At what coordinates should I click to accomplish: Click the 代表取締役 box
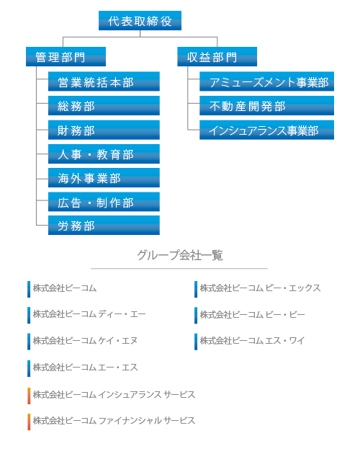coord(140,21)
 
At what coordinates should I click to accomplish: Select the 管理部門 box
coord(66,56)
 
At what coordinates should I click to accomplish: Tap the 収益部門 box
coord(217,56)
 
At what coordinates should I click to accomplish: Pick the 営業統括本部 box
coord(104,81)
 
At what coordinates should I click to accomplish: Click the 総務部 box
coord(104,106)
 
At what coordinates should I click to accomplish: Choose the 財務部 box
coord(104,130)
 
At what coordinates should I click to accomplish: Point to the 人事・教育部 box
coord(104,153)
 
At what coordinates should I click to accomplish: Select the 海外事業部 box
coord(104,178)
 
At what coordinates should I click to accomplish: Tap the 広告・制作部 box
coord(104,202)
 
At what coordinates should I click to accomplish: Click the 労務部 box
coord(104,226)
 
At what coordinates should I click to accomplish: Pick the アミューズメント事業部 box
coord(267,81)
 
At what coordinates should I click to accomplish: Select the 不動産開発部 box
coord(267,106)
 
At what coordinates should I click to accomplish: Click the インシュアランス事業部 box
coord(267,130)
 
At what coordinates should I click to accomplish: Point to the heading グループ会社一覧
coord(180,255)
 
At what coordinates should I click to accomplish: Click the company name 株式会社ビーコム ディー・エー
coord(89,314)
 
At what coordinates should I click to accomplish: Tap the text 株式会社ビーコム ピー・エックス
coord(260,288)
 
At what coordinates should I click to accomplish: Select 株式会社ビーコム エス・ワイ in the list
coord(252,340)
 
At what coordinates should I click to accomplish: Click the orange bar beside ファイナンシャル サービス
coord(29,422)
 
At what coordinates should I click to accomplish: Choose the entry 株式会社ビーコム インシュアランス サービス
coord(114,395)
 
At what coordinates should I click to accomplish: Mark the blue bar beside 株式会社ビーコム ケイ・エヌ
coord(29,342)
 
